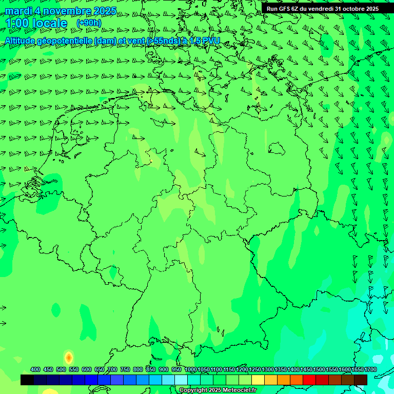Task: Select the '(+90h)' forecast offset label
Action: click(89, 23)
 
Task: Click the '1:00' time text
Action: click(16, 23)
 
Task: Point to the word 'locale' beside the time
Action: click(50, 23)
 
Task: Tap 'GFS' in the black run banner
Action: click(285, 9)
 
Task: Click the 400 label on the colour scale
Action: click(35, 369)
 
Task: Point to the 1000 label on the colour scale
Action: click(190, 369)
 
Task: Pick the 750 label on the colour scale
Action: click(125, 369)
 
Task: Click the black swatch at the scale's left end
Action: click(27, 380)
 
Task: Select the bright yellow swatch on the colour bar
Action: click(258, 380)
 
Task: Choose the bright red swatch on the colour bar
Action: click(309, 380)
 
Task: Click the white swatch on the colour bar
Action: click(181, 380)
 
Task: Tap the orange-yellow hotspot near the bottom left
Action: click(68, 358)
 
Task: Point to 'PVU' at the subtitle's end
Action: click(210, 41)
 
